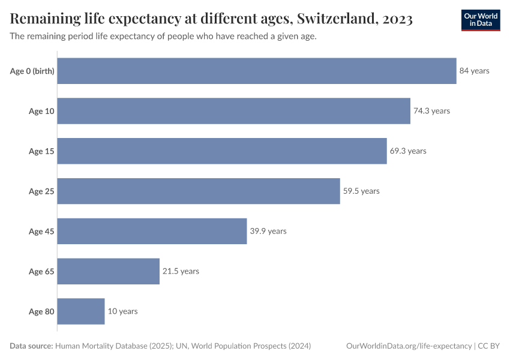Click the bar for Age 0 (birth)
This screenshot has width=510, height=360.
point(257,71)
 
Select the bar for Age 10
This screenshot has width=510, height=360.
point(234,111)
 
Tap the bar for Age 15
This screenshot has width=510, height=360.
point(222,151)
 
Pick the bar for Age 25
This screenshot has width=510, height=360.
point(199,191)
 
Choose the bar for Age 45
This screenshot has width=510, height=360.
point(152,232)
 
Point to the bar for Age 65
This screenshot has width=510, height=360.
point(109,271)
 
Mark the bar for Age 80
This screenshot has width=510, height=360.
point(81,311)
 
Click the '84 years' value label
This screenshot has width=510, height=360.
point(474,71)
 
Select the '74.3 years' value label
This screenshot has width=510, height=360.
point(431,111)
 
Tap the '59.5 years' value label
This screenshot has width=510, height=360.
point(361,191)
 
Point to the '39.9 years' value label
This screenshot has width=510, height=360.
point(268,232)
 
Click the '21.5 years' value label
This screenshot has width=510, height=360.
point(181,271)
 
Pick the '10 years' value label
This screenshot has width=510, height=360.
point(122,311)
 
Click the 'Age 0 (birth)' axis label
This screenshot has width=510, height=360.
point(32,71)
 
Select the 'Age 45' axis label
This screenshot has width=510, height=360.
point(41,232)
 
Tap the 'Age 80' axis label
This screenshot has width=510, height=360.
point(41,311)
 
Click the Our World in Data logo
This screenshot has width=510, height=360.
point(480,20)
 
